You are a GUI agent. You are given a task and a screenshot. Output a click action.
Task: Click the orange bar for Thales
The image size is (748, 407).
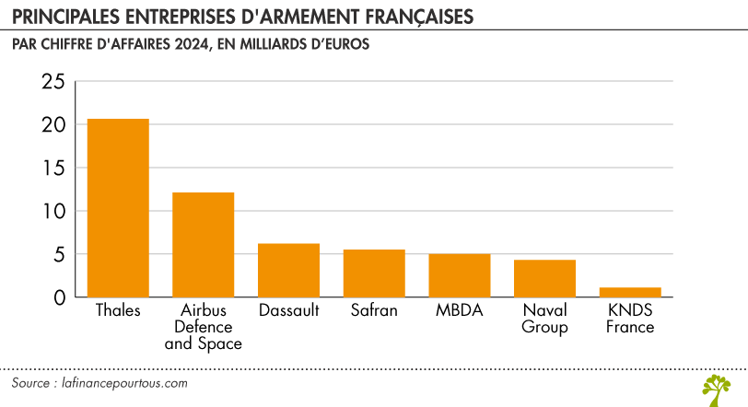(118, 208)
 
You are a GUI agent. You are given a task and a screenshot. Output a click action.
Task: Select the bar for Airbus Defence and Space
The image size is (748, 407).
(204, 245)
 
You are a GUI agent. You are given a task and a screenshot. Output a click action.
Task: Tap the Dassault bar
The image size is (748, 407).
(288, 271)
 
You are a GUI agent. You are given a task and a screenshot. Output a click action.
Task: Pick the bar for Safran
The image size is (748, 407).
(374, 273)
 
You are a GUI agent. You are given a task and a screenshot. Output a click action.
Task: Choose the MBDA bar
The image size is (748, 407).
(460, 275)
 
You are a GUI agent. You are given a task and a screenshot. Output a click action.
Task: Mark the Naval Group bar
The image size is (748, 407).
(544, 279)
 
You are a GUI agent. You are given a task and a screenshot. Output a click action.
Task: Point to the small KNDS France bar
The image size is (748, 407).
(630, 292)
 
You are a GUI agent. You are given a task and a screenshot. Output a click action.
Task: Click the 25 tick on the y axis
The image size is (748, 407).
(53, 82)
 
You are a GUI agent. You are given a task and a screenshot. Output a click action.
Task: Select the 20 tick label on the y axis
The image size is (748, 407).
(53, 125)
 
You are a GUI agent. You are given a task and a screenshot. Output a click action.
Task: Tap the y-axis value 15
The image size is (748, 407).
(53, 169)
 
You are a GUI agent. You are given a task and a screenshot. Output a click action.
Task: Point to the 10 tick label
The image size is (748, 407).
(53, 212)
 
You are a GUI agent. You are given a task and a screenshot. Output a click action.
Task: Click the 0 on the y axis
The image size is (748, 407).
(59, 297)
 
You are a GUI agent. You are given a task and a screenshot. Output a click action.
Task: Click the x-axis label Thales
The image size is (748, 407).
(118, 310)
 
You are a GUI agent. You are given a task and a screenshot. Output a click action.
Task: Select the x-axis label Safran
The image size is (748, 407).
(374, 310)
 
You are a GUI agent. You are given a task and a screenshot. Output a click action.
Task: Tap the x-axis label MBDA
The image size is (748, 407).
(460, 310)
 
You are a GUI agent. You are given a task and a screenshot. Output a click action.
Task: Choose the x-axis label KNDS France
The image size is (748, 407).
(630, 319)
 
